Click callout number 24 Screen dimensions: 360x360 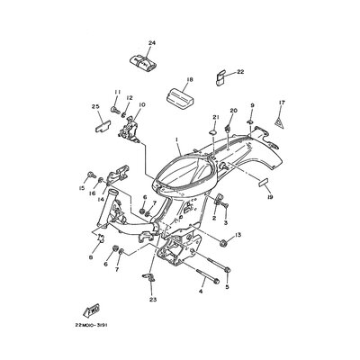click(150, 43)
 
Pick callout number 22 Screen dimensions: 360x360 click(240, 72)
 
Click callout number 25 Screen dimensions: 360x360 click(94, 106)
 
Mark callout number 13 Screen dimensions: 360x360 click(238, 235)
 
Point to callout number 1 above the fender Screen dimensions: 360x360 click(178, 140)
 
